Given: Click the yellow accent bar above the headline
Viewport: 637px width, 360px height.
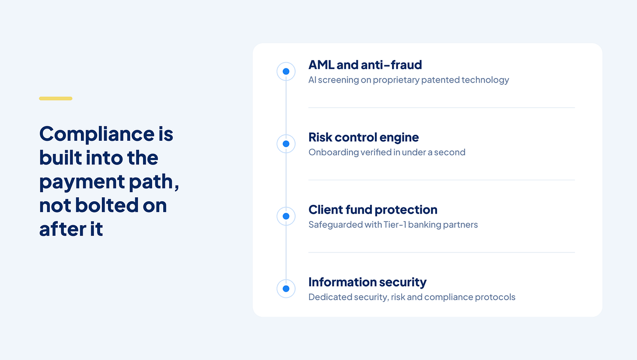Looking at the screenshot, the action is coord(56,98).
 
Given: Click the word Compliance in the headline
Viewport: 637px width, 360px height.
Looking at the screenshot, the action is coord(97,134).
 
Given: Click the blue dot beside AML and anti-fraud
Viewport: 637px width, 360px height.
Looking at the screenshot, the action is coord(286,71).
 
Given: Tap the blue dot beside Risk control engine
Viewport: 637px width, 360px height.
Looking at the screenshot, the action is coord(286,144).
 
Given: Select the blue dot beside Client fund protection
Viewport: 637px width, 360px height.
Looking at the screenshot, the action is coord(286,217).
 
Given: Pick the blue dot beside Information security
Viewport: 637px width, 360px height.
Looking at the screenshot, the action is coord(286,289).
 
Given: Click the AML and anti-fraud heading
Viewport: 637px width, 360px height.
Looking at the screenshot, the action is coord(365,65).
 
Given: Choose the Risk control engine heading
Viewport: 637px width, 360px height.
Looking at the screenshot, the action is coord(364,138).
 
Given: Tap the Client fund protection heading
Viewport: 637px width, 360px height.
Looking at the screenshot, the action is coord(373,210).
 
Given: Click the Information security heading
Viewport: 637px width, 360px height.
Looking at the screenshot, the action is coord(367,283).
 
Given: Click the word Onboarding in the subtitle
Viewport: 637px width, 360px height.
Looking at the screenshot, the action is coord(333,152).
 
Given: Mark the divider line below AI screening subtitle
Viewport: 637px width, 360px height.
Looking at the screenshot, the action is coord(441,108).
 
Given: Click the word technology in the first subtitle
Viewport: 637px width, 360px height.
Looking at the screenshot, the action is coord(485,80).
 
